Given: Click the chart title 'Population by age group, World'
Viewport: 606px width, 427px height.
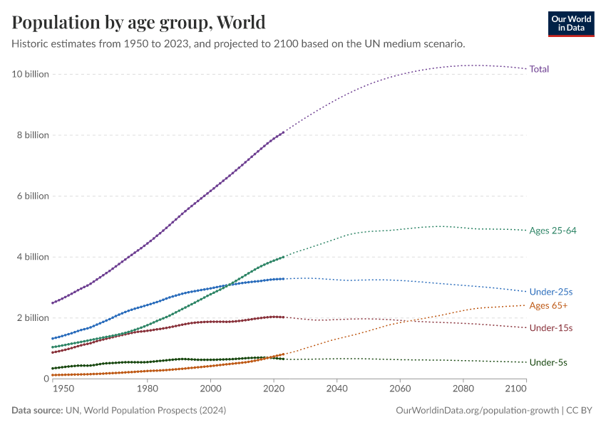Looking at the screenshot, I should tap(139, 22).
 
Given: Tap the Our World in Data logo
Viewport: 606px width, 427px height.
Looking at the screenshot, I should tap(570, 23).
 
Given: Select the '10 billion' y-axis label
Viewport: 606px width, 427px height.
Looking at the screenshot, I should tap(30, 74).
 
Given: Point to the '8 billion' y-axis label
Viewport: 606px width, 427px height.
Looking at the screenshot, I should tap(32, 135).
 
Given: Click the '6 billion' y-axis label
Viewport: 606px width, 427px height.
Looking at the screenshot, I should tap(32, 196).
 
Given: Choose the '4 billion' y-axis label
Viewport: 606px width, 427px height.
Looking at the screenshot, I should tap(32, 257).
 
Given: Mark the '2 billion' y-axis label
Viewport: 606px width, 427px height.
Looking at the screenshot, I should tap(32, 318).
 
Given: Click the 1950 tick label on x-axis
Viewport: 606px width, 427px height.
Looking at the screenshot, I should tap(63, 389).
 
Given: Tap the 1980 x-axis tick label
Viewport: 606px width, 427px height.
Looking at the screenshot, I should tap(147, 389).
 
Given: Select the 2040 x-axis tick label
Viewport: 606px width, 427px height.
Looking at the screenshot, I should tap(337, 389).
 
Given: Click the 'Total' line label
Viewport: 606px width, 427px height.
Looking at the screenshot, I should tap(539, 69).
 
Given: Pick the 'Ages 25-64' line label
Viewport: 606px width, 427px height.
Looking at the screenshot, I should tap(553, 231).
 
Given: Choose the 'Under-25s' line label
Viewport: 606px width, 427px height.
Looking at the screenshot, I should tap(551, 292).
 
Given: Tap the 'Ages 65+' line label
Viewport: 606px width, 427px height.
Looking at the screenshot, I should tap(548, 305).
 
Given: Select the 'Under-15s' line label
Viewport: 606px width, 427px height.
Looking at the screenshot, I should tap(551, 328).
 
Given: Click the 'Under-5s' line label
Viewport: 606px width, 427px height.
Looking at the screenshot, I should tap(548, 362).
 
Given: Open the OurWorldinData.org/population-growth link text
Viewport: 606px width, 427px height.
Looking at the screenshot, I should tap(476, 411).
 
